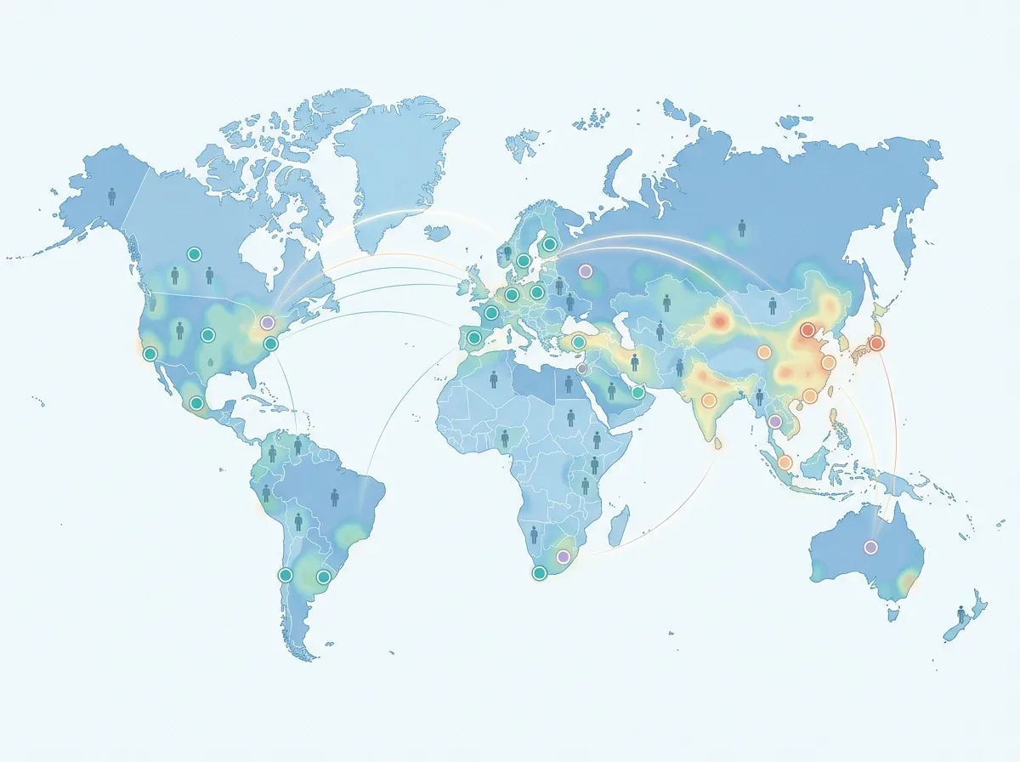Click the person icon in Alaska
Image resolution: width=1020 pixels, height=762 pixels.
coord(112,196)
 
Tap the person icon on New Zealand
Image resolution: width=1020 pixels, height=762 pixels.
coord(961,614)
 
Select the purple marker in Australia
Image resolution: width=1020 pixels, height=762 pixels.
coord(870,547)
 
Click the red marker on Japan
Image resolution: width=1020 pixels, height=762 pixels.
coord(876,344)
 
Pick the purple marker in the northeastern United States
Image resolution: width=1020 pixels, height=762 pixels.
coord(268,323)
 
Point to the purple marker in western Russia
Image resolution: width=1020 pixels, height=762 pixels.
coord(585,271)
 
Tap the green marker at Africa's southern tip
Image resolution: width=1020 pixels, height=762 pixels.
coord(538,573)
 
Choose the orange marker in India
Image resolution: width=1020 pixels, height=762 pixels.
coord(709,400)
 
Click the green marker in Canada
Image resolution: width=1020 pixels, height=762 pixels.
coord(194,253)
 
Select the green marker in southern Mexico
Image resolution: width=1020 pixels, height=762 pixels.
coord(196,403)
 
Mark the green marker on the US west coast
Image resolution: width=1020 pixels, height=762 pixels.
coord(150,354)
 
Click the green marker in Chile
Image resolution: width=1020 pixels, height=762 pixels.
coord(286,576)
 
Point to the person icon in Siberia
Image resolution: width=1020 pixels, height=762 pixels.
coord(742,227)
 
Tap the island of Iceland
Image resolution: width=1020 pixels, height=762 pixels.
coord(438,230)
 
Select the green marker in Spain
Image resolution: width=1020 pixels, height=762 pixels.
coord(474,338)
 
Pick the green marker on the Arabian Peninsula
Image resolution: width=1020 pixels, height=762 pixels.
coord(637,393)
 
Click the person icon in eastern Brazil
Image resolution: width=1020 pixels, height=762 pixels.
coord(335,496)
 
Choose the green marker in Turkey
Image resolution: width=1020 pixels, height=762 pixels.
coord(578,342)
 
